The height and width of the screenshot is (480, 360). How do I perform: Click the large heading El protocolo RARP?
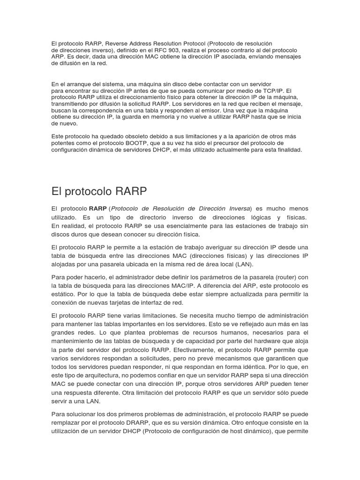click(x=99, y=191)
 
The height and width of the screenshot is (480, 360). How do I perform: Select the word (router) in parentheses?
click(x=281, y=277)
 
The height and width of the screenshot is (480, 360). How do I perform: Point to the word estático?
click(x=65, y=294)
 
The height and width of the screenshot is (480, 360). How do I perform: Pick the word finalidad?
click(x=287, y=150)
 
